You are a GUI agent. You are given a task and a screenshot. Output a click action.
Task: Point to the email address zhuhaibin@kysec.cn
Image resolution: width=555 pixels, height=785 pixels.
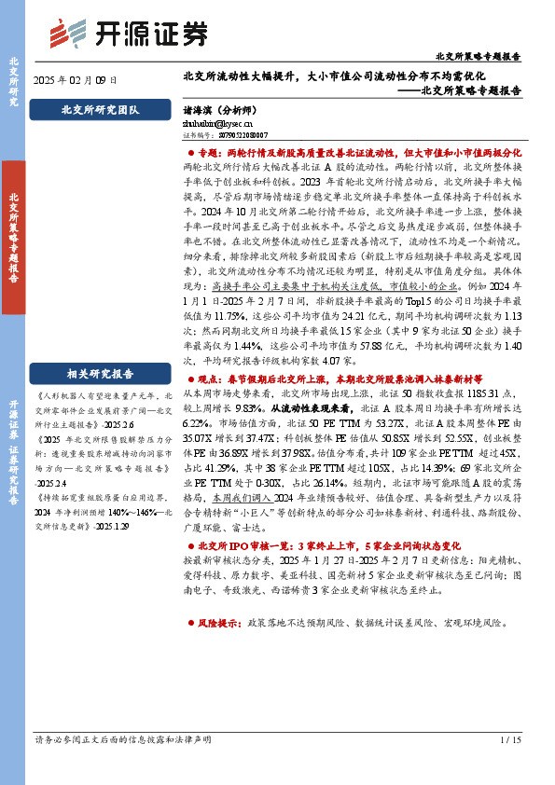tap(211, 123)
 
